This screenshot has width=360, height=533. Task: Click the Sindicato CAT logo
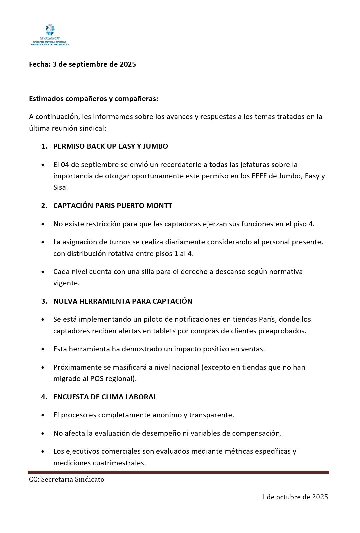pos(50,35)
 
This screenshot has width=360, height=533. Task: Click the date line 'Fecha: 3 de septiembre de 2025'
pos(82,64)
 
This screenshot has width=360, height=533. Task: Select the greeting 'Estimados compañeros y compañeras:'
pos(93,99)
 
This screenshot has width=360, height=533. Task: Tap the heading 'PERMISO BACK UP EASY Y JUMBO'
pos(110,146)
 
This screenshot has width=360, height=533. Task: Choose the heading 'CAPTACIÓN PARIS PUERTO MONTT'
pos(113,206)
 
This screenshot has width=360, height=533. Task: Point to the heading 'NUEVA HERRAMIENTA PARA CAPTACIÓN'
pos(123,301)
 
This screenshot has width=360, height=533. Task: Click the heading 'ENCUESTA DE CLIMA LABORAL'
pos(105,397)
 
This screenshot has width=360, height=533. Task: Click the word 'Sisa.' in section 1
pos(60,187)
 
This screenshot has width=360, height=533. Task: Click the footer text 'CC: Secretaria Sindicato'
pos(67,479)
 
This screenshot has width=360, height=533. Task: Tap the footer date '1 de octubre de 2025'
pos(294,497)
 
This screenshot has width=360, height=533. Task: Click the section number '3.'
pos(44,301)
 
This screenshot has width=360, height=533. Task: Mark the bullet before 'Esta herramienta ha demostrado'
pos(43,349)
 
